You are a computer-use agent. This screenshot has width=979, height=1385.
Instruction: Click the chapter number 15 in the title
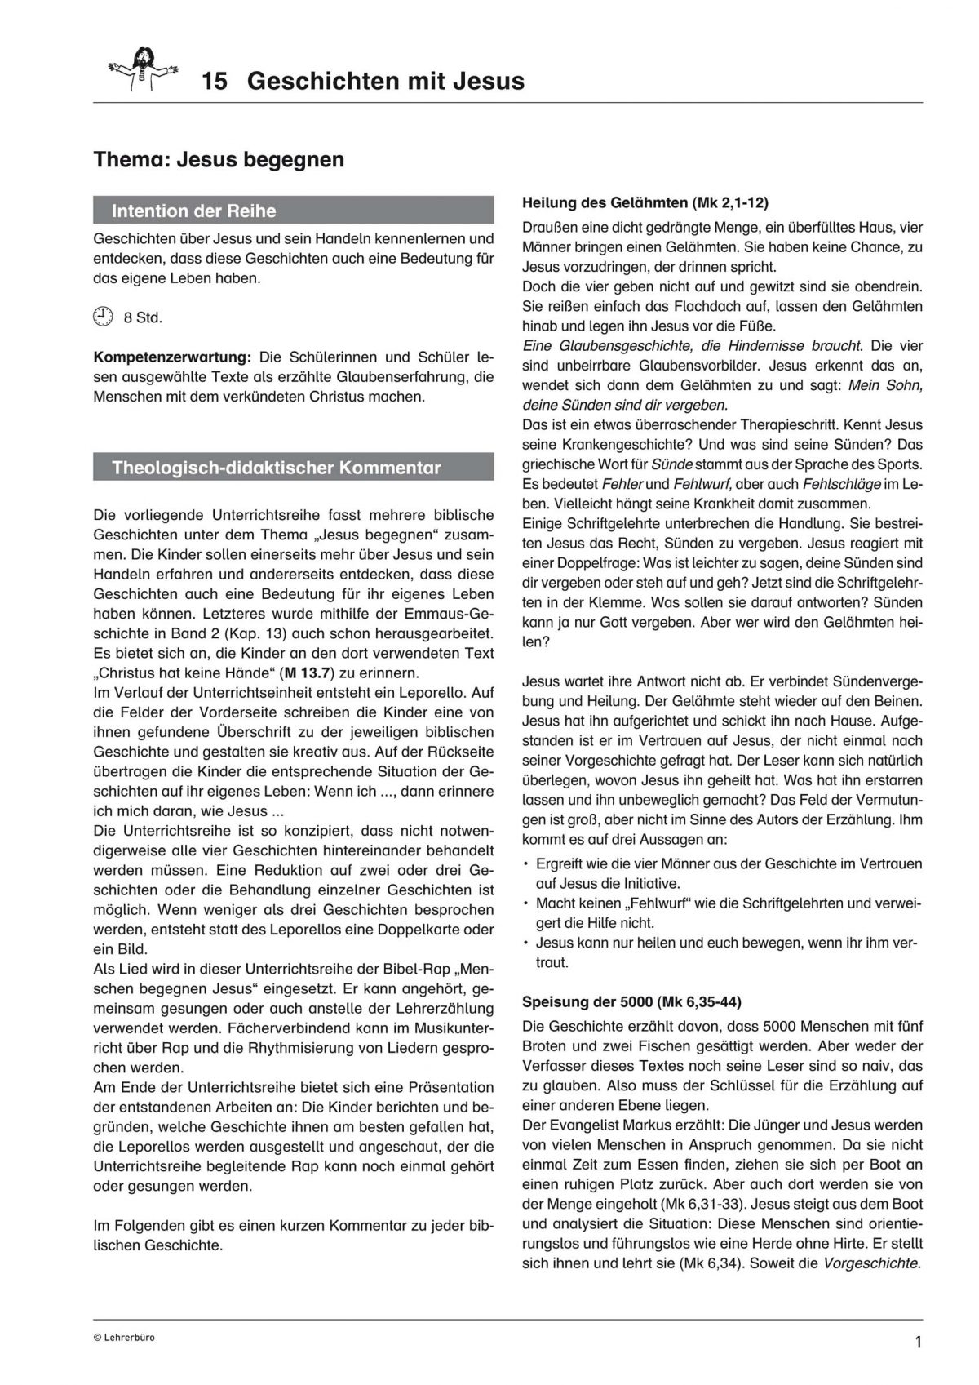pyautogui.click(x=215, y=82)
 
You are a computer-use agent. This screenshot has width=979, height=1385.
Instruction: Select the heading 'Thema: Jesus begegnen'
pyautogui.click(x=219, y=159)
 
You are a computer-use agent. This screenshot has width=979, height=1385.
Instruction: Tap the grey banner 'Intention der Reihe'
pyautogui.click(x=294, y=211)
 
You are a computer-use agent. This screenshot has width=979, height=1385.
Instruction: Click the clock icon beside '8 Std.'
pyautogui.click(x=102, y=317)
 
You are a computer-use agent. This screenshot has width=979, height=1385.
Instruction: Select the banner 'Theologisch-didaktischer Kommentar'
pyautogui.click(x=294, y=468)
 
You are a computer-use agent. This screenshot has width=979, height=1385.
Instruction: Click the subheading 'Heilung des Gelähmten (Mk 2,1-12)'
pyautogui.click(x=645, y=202)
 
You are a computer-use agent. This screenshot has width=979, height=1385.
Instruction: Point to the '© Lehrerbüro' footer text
pyautogui.click(x=123, y=1338)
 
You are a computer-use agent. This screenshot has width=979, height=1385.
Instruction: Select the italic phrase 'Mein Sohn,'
pyautogui.click(x=885, y=384)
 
